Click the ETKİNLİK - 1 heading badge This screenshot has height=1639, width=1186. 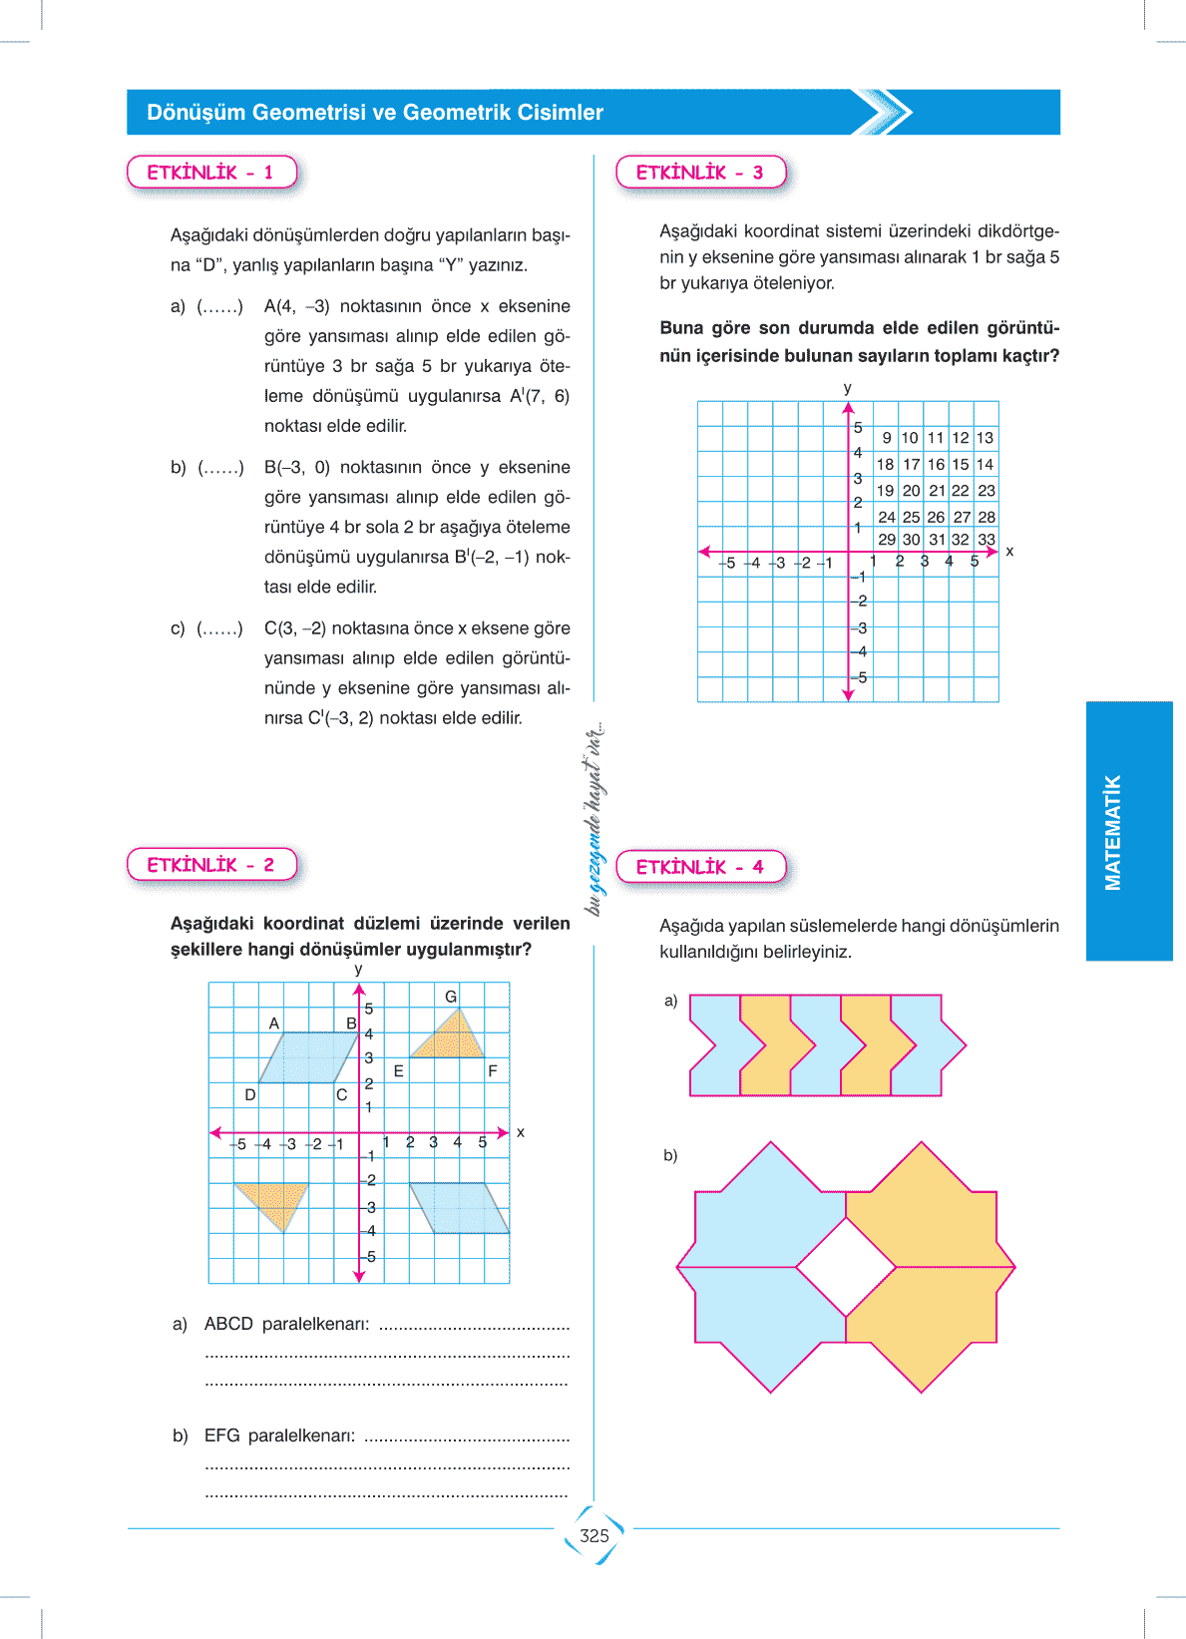211,173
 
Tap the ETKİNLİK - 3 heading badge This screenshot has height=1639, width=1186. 700,173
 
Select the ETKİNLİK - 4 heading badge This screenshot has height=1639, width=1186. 700,867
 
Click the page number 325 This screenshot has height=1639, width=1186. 594,1536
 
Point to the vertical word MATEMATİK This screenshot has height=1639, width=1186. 1113,832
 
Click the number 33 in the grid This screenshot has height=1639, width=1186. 987,540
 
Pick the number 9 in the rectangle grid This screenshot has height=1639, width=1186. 887,438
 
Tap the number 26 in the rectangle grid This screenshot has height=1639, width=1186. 936,517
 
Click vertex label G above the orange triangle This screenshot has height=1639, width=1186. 451,997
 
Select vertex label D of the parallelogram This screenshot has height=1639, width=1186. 250,1094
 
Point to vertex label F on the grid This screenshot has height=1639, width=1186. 493,1071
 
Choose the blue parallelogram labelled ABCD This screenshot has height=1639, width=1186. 307,1057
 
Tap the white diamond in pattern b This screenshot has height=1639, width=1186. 846,1267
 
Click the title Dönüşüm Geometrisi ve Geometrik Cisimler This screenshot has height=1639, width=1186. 375,113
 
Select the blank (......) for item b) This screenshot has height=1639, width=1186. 220,467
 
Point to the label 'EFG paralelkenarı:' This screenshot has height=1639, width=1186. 279,1435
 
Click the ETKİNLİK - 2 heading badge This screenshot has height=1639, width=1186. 211,865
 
